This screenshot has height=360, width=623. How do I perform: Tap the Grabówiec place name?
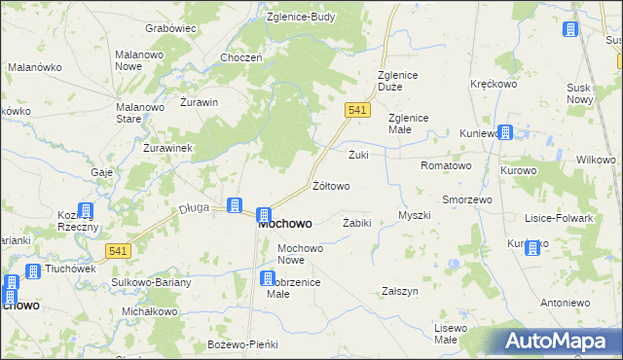[x=170, y=28]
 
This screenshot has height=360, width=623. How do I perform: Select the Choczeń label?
[x=241, y=57]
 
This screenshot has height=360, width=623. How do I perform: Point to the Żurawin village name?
[x=198, y=101]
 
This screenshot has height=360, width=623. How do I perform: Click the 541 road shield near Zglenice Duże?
[x=357, y=111]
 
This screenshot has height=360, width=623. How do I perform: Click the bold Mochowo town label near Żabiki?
[x=285, y=223]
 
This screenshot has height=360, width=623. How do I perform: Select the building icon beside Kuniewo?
[x=504, y=132]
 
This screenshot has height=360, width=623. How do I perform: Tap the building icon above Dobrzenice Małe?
[x=268, y=279]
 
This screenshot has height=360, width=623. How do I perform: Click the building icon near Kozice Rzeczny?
[x=86, y=210]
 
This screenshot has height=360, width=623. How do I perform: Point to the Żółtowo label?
[x=331, y=185]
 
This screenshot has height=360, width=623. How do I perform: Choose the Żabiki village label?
[x=357, y=223]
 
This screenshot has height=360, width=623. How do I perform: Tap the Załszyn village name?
[x=400, y=291]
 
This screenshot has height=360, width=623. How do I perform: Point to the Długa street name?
[x=195, y=207]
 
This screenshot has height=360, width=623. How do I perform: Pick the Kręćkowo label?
[x=493, y=85]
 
